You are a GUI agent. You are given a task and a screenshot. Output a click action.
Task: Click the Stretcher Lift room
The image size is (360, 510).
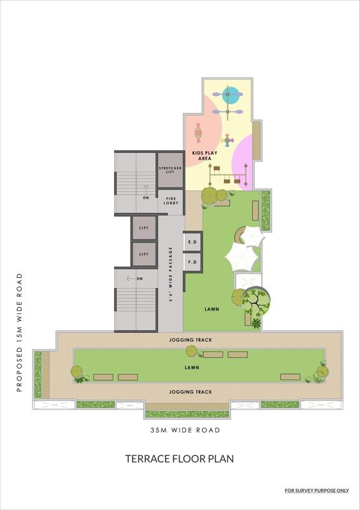point(170,170)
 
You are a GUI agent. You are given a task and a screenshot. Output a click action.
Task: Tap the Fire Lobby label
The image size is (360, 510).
point(171,201)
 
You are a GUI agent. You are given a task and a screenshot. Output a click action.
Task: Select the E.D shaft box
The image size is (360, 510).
point(192,242)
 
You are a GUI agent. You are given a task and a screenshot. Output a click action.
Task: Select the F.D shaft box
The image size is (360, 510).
point(192,262)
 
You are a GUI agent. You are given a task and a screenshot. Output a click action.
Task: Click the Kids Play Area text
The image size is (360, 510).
point(205,156)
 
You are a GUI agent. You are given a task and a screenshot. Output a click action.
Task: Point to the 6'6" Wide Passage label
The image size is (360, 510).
point(171,275)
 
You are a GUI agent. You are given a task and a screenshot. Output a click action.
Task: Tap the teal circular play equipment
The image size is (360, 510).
point(230,94)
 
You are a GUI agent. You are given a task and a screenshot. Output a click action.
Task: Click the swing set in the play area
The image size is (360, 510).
point(228,175)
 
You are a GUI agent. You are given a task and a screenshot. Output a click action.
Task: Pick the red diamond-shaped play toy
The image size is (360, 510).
point(198,133)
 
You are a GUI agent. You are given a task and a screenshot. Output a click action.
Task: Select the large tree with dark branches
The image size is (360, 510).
point(256,302)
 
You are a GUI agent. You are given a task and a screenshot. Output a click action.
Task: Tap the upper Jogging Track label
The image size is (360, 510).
point(191,340)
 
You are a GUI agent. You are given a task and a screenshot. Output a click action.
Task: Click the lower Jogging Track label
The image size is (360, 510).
point(191,392)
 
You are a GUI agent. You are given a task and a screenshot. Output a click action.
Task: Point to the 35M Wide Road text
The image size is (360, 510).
point(185,430)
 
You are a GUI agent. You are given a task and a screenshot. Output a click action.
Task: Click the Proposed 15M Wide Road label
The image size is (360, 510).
point(20,332)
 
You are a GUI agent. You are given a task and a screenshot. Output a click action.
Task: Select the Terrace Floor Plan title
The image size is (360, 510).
point(180,458)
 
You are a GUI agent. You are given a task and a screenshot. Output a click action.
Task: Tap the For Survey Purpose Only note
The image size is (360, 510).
point(317,490)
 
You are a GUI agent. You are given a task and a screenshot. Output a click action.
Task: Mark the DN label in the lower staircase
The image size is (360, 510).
point(140,279)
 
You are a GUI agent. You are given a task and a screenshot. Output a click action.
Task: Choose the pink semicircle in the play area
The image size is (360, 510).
point(244,163)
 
